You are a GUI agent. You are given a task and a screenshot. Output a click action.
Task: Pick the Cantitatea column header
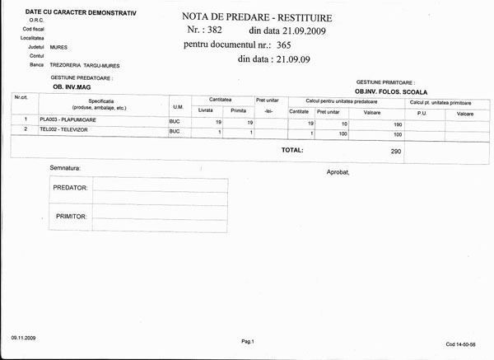(x=221, y=99)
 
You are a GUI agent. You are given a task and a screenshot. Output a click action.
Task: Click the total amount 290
(x=396, y=152)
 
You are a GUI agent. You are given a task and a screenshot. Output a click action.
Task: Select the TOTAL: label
(x=292, y=151)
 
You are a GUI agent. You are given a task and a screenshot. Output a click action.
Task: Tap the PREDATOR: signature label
(x=70, y=187)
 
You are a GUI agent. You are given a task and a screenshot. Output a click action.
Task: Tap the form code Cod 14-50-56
(x=460, y=344)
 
